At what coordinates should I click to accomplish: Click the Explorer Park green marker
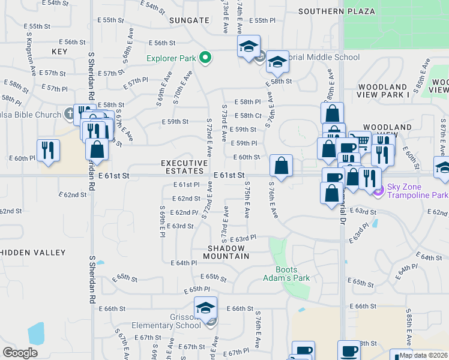[205, 58]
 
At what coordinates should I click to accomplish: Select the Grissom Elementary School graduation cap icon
[205, 308]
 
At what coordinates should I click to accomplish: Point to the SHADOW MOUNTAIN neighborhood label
[229, 252]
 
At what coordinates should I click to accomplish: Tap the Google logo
[20, 353]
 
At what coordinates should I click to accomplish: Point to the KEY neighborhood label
[59, 52]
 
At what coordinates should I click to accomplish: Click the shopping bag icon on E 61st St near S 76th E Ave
[281, 166]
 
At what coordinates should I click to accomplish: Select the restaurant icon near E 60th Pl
[48, 149]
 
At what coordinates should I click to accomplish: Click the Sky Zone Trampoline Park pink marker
[378, 191]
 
